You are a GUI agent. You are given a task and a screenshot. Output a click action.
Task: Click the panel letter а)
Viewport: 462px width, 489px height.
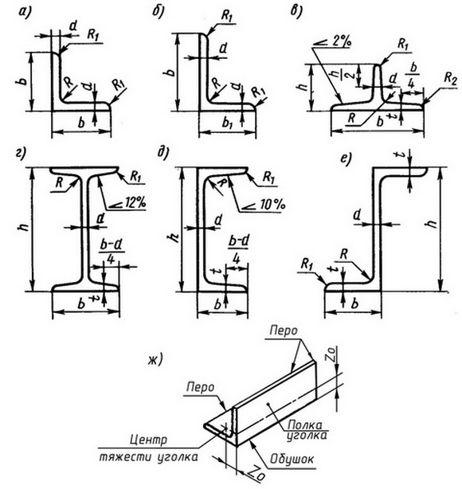25,12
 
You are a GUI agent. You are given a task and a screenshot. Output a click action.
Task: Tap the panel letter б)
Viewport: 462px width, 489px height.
159,12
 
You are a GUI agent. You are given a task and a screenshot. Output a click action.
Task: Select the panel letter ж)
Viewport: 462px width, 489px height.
155,360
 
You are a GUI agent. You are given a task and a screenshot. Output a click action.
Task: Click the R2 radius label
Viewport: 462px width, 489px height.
449,79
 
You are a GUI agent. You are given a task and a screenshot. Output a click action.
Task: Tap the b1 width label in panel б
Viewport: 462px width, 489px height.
227,123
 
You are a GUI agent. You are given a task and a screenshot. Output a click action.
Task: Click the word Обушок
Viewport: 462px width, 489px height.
292,459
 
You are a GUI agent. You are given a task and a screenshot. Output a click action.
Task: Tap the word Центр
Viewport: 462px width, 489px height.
148,440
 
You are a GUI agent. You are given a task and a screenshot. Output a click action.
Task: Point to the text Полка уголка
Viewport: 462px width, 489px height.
305,429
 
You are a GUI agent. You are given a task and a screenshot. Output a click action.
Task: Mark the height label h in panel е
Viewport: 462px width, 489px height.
432,223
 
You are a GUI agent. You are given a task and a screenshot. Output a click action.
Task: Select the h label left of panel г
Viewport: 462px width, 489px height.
25,226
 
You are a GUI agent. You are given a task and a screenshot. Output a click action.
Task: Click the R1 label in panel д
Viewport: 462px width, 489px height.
268,178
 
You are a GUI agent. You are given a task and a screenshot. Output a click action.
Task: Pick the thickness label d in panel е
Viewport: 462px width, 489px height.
357,215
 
